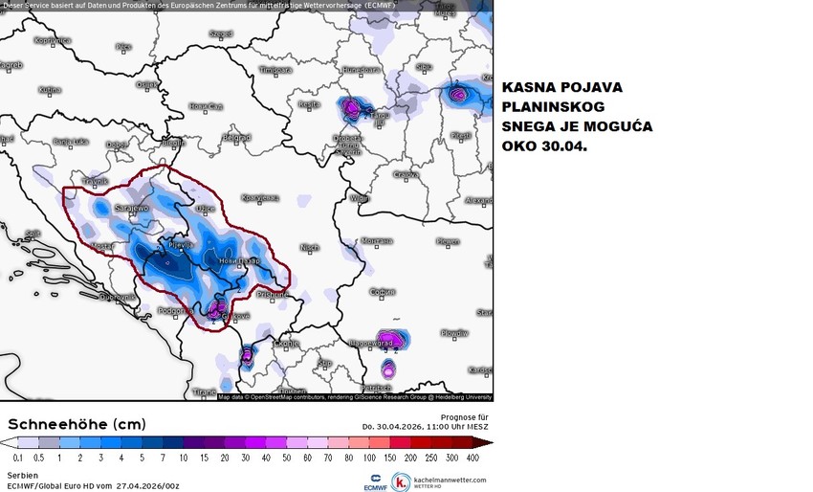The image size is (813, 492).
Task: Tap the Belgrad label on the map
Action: pos(235,137)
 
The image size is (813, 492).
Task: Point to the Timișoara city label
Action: pos(275,70)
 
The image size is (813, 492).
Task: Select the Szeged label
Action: pos(221,34)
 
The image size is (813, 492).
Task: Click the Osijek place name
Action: pos(147,84)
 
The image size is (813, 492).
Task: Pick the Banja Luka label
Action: pos(71,142)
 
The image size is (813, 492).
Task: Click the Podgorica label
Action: pos(177,310)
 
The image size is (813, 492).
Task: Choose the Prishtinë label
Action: pos(273,294)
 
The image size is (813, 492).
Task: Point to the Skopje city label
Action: pos(287,342)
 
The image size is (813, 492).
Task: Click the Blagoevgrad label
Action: pos(372,342)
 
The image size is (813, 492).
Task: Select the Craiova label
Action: pos(406,175)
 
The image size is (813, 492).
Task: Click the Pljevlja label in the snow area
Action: pos(181,245)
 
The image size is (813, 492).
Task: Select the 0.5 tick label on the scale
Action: pos(37,458)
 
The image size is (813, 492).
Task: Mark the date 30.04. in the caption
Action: pos(560,148)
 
